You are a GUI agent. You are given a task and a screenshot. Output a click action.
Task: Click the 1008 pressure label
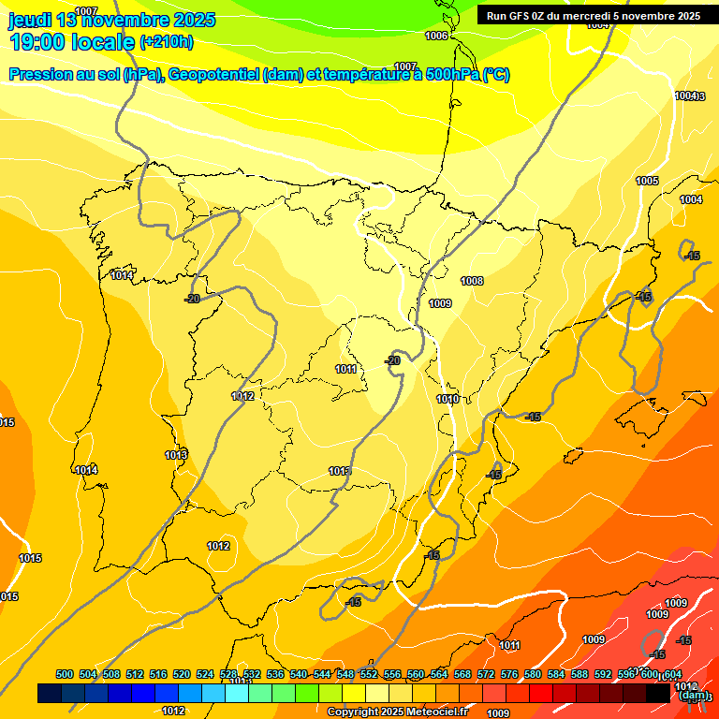click(x=472, y=281)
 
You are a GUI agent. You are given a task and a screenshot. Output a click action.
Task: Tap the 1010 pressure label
click(x=448, y=399)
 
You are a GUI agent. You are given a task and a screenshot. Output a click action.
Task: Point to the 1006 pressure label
click(x=436, y=36)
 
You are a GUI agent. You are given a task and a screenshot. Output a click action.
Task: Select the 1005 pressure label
click(x=647, y=181)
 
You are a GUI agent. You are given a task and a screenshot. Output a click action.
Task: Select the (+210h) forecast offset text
click(x=166, y=41)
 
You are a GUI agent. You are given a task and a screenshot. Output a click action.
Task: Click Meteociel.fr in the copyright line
click(x=434, y=712)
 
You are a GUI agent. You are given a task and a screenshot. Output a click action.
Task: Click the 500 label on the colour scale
click(x=65, y=674)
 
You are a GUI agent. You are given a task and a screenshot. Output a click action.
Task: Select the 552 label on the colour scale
click(x=369, y=674)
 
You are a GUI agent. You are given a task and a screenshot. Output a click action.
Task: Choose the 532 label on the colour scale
click(x=252, y=674)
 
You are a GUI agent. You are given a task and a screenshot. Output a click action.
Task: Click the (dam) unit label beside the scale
click(x=694, y=695)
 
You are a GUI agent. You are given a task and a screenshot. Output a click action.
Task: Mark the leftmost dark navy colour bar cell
click(x=50, y=693)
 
